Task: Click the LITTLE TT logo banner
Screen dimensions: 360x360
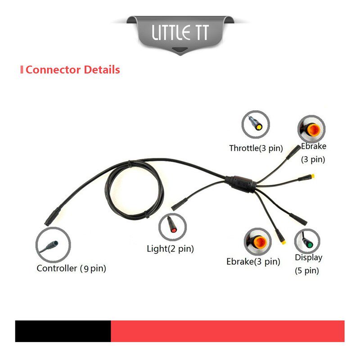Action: click(180, 35)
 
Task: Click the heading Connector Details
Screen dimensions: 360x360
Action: click(73, 70)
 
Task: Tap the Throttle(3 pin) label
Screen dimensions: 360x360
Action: click(256, 148)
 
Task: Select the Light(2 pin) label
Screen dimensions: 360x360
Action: click(171, 249)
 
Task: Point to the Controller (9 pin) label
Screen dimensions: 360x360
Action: click(72, 268)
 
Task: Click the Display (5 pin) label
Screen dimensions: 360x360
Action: click(308, 264)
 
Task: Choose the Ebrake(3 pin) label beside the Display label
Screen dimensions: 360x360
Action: click(253, 262)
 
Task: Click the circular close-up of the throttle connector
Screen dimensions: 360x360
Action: click(256, 125)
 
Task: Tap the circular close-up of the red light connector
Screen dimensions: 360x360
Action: click(172, 227)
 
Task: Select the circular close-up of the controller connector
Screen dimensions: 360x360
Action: click(53, 245)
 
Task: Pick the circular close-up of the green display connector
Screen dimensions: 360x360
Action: click(307, 241)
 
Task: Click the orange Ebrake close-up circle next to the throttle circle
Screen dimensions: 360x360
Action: click(311, 129)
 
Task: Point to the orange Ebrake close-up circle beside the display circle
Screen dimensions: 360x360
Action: click(257, 242)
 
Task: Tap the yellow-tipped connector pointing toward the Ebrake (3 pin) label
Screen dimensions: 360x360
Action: click(306, 178)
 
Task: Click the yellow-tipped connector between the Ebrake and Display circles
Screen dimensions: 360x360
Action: click(280, 237)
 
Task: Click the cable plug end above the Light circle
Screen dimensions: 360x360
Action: click(180, 204)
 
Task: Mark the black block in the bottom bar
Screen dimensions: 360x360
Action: click(63, 331)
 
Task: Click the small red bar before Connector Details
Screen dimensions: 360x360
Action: click(22, 70)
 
